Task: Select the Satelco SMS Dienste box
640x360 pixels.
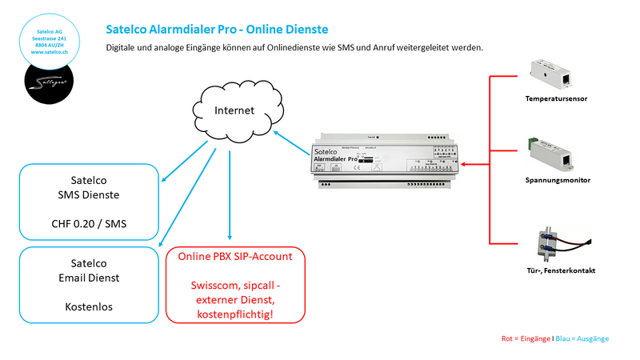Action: [x=90, y=202]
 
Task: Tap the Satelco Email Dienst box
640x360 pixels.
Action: [x=90, y=284]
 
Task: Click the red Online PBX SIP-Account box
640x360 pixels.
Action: [x=235, y=285]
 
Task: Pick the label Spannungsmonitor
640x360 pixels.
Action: [x=558, y=181]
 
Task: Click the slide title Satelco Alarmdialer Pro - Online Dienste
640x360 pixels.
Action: [x=217, y=30]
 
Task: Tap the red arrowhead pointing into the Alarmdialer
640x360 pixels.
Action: [x=465, y=166]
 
